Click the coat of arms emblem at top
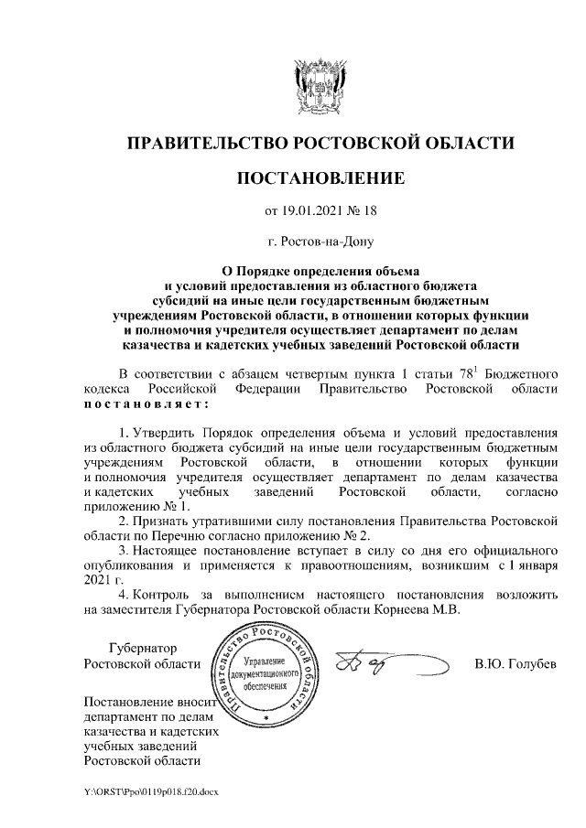pyautogui.click(x=320, y=83)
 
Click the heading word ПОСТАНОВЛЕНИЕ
pyautogui.click(x=320, y=177)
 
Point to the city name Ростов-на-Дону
pyautogui.click(x=320, y=242)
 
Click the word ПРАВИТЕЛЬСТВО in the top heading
pyautogui.click(x=206, y=143)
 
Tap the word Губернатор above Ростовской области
pyautogui.click(x=141, y=648)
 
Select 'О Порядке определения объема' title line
pyautogui.click(x=320, y=271)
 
